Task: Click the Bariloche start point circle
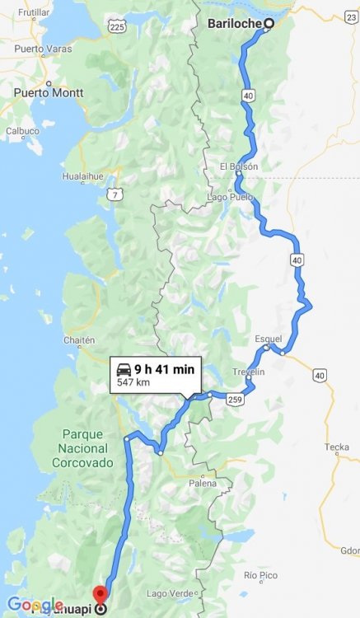click(x=269, y=24)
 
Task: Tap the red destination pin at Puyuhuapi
click(x=101, y=594)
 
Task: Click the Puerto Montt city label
click(x=48, y=92)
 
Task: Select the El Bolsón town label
click(x=239, y=166)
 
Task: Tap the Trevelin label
click(x=249, y=372)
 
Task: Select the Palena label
click(x=202, y=483)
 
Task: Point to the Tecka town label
click(x=336, y=447)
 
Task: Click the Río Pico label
click(x=258, y=574)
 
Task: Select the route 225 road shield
click(x=117, y=27)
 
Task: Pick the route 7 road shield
click(x=118, y=194)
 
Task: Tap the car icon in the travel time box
click(x=124, y=369)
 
